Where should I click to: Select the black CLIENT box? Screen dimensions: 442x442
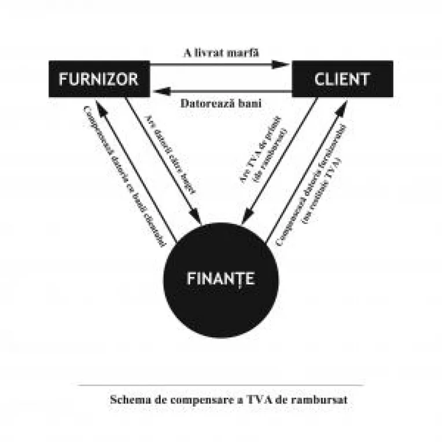[342, 78]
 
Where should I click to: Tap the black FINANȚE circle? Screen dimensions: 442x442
[220, 278]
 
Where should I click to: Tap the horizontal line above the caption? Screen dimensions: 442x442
[220, 385]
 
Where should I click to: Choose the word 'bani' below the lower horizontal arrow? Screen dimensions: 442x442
[249, 105]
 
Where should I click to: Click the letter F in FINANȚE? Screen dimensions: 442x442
[191, 278]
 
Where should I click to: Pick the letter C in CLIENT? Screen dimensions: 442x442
[319, 78]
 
